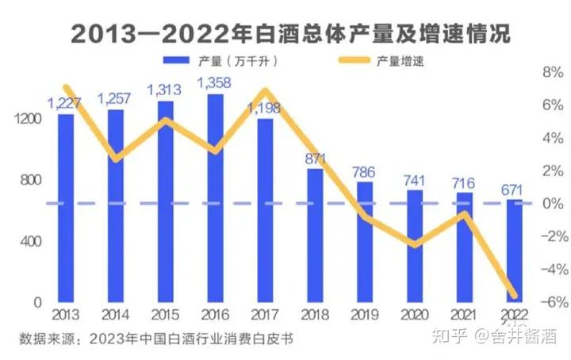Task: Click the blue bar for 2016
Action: [x=216, y=198]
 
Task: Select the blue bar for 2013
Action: [x=66, y=209]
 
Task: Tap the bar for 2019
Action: [x=365, y=242]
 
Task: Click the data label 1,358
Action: [x=214, y=82]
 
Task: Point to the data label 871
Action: [x=315, y=157]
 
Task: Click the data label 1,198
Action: [x=265, y=108]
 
